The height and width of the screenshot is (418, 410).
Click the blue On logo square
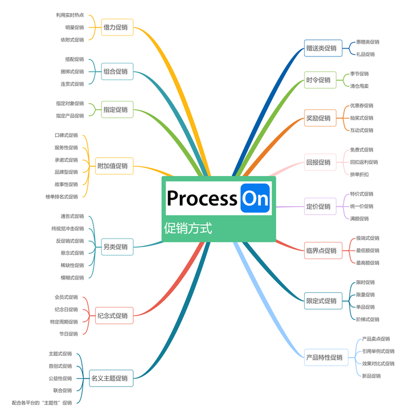click(255, 198)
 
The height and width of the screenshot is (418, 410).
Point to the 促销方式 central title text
click(188, 228)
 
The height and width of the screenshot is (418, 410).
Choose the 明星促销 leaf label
click(74, 27)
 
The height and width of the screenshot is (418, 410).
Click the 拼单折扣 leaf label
click(359, 174)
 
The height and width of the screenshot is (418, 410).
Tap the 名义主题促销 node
click(111, 378)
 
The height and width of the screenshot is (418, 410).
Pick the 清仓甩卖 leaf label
click(359, 86)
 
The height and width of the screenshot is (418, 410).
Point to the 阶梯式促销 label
click(367, 319)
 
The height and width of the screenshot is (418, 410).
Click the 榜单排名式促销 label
click(61, 196)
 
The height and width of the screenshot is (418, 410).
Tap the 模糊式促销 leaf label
click(72, 277)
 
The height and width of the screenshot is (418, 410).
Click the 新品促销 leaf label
click(371, 376)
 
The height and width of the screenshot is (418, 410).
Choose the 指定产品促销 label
click(69, 116)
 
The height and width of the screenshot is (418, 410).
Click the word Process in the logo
click(202, 198)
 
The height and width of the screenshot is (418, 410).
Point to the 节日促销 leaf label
click(68, 334)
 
